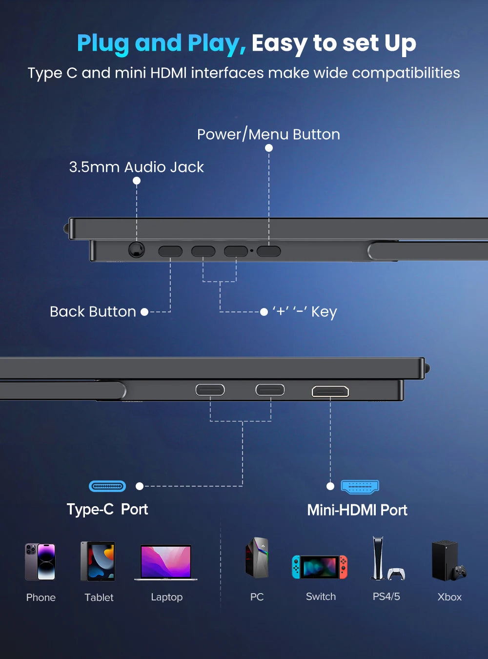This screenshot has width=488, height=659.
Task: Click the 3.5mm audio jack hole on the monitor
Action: [136, 250]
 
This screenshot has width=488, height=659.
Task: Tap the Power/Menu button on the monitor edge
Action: [269, 251]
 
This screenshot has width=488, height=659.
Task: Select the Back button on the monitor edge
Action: [170, 251]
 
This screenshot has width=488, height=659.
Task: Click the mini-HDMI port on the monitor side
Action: [330, 391]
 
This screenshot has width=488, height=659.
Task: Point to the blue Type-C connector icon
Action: [107, 486]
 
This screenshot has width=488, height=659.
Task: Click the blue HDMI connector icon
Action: [360, 487]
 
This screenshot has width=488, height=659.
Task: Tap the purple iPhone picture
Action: [40, 561]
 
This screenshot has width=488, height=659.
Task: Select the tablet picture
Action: [98, 561]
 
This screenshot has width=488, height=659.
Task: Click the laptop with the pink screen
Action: [166, 562]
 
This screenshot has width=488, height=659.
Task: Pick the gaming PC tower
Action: [257, 557]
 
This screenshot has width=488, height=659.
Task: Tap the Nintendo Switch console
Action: [320, 567]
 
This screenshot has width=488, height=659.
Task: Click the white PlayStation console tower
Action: [378, 558]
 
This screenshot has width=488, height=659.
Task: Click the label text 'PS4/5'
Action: [386, 597]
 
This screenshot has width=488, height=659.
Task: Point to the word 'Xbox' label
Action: [449, 597]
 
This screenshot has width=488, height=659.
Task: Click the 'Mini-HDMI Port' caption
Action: [357, 510]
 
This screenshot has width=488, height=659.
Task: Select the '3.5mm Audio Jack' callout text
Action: [136, 167]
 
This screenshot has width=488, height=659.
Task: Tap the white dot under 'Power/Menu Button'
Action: [269, 148]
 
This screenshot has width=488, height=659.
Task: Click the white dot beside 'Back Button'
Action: [144, 312]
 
